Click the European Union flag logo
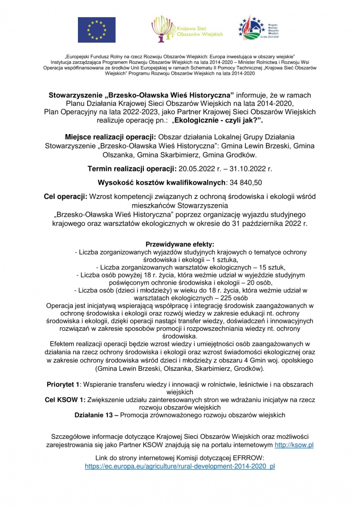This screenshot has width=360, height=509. click(97, 29)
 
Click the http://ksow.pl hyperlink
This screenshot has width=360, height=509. click(294, 445)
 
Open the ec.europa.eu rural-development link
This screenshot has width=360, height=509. click(180, 466)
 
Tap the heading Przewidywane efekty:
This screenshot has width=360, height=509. click(179, 244)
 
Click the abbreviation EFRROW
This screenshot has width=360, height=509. click(247, 458)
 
